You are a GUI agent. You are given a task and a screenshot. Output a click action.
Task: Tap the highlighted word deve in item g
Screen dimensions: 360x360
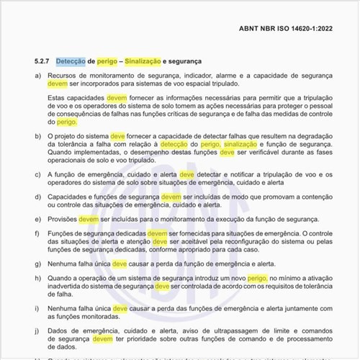pyautogui.click(x=120, y=264)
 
